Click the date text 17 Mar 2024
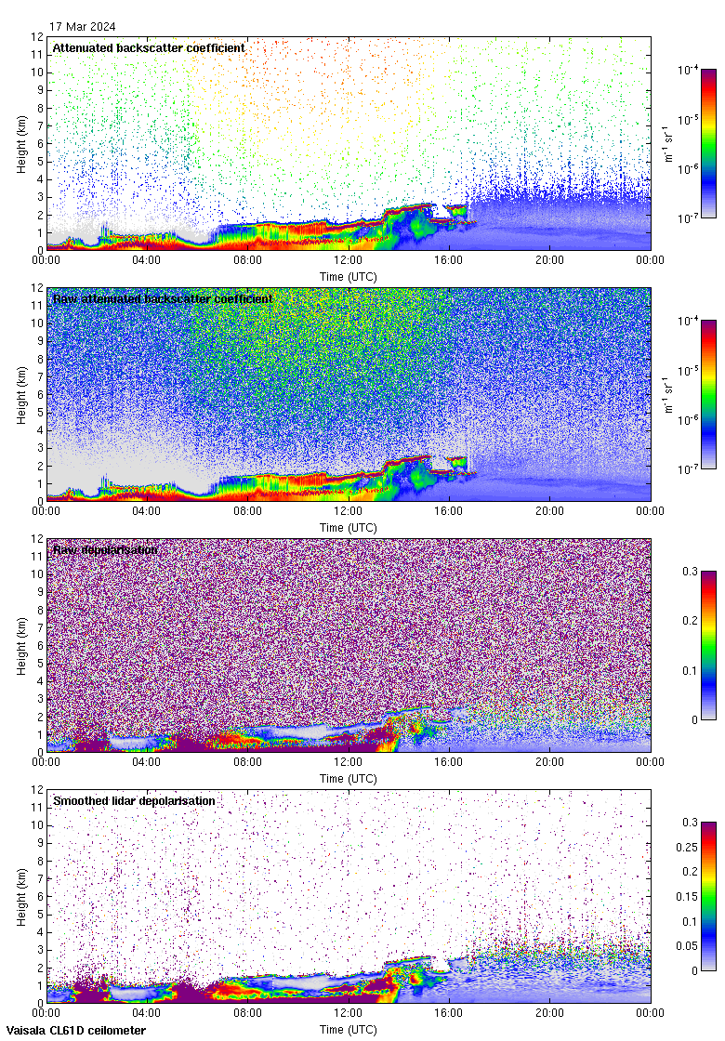click(83, 26)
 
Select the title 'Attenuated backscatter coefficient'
click(149, 47)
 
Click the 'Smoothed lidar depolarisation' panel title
click(134, 800)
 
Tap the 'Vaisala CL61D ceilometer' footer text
click(73, 1030)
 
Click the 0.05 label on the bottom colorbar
click(692, 946)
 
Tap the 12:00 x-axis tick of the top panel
click(349, 259)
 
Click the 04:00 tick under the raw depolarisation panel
click(147, 761)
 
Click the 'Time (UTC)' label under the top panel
click(349, 276)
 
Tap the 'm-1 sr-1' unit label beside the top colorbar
click(669, 144)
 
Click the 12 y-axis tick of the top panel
click(37, 37)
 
